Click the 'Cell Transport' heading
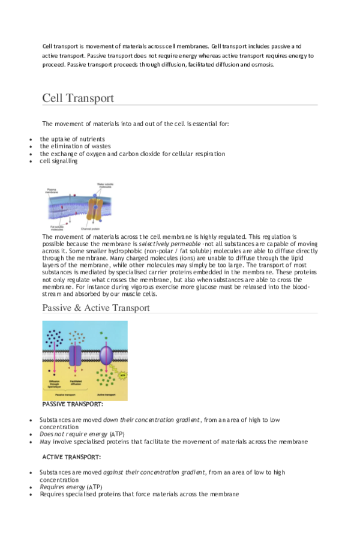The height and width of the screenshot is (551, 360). click(78, 98)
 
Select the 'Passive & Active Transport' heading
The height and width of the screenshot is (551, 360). click(96, 308)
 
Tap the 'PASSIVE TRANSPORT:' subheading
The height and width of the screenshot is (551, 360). click(73, 405)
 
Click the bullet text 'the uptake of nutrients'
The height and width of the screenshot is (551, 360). click(72, 139)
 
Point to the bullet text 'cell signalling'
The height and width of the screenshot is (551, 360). click(59, 161)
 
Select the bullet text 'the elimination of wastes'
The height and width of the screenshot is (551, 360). click(76, 146)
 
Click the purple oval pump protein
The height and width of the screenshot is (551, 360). click(106, 355)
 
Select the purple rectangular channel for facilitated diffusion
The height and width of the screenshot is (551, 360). click(76, 355)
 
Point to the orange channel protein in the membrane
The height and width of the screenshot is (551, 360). click(95, 209)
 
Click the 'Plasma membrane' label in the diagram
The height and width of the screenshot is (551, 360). click(52, 191)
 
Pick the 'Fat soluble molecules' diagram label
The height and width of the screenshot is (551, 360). click(58, 228)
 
